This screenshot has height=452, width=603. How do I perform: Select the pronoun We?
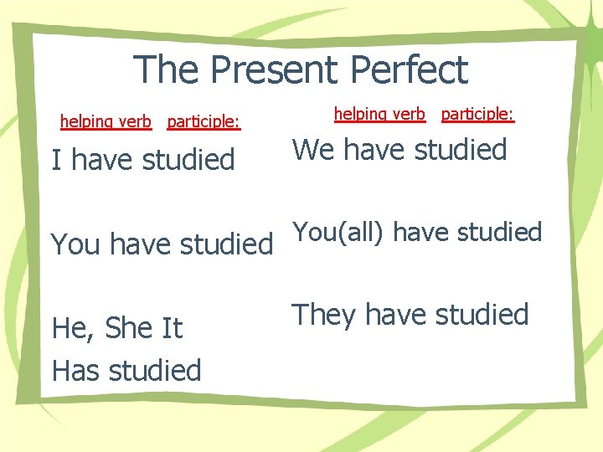313,151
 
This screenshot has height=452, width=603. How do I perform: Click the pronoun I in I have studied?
56,159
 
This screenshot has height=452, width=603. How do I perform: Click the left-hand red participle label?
204,122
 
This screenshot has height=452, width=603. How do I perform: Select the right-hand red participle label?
477,114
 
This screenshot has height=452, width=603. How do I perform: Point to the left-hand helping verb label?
106,122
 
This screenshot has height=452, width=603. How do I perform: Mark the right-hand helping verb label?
379,114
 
